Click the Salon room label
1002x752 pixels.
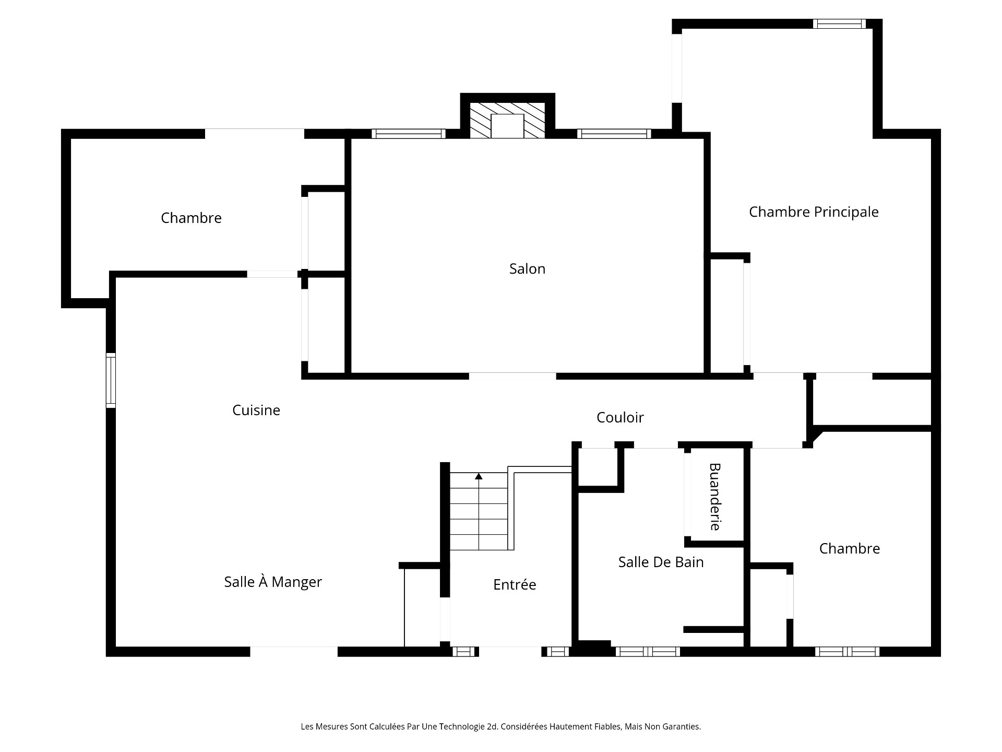527,269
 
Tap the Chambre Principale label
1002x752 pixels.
814,212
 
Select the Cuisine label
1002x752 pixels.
256,410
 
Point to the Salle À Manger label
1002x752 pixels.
273,582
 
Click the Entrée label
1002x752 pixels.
515,584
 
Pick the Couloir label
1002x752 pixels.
620,417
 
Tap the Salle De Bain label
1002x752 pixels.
661,562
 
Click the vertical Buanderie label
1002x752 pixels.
715,497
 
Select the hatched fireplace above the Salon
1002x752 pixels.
507,120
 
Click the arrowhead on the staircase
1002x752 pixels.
479,476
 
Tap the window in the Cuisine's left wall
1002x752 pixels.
111,380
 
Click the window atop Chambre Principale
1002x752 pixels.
839,23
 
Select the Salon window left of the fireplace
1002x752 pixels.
408,134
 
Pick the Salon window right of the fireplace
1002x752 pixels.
614,134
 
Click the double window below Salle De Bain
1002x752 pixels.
648,652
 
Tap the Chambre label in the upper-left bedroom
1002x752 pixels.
191,218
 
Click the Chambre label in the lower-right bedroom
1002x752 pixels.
850,548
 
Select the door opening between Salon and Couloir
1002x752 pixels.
512,376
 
